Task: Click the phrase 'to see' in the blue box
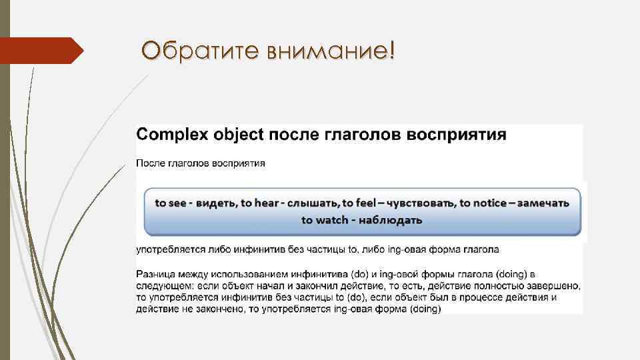[171, 203]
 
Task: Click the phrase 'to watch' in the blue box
[325, 219]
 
